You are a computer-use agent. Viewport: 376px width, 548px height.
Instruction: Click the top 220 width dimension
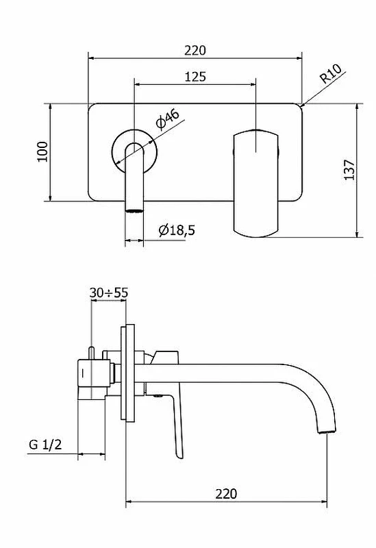pos(195,50)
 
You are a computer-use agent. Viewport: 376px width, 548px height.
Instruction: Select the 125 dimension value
pos(195,77)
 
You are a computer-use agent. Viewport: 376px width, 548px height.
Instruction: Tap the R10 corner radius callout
pos(331,74)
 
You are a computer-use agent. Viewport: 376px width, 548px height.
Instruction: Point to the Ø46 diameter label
pos(168,119)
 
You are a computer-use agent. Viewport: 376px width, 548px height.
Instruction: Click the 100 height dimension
pos(42,151)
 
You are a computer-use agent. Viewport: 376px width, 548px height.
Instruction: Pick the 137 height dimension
pos(349,170)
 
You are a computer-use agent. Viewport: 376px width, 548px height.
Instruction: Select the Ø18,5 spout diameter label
pos(177,230)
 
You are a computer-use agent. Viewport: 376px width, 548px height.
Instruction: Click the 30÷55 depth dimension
pos(109,292)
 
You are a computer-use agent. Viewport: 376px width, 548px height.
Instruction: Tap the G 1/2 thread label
pos(45,445)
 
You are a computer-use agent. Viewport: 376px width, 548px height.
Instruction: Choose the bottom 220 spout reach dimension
pos(226,494)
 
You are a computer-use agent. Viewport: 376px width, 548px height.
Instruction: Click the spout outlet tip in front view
pos(134,210)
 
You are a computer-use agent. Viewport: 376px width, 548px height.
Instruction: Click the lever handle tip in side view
pos(180,456)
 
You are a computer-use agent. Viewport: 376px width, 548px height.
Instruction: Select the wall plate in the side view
pos(127,373)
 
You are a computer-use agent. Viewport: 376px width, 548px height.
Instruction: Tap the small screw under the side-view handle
pos(158,396)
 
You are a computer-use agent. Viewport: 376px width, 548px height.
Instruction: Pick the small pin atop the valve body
pos(91,353)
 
